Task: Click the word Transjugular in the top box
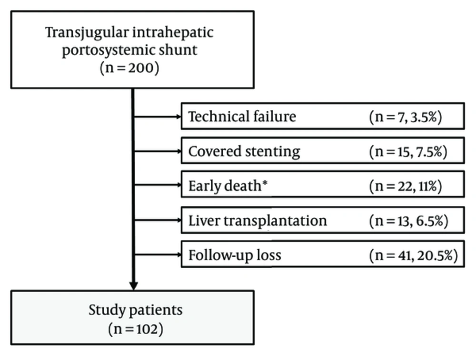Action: (87, 33)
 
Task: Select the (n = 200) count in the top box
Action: (129, 68)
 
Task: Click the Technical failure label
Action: (242, 117)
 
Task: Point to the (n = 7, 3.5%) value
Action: (406, 117)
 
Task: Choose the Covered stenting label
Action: (244, 151)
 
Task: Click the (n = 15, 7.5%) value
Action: (408, 151)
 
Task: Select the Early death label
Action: (225, 185)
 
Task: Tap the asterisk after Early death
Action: (265, 183)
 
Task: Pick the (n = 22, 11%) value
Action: (406, 186)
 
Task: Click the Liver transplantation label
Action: (258, 221)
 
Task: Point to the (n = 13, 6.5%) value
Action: (408, 221)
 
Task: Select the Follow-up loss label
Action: (235, 255)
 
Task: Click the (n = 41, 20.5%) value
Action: (414, 255)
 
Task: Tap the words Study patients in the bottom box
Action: (135, 310)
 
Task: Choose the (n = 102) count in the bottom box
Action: (135, 329)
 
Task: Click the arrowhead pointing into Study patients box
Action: (134, 286)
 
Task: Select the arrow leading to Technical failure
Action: (158, 117)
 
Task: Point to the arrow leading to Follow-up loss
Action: (158, 255)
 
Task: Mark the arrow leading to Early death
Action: (158, 185)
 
